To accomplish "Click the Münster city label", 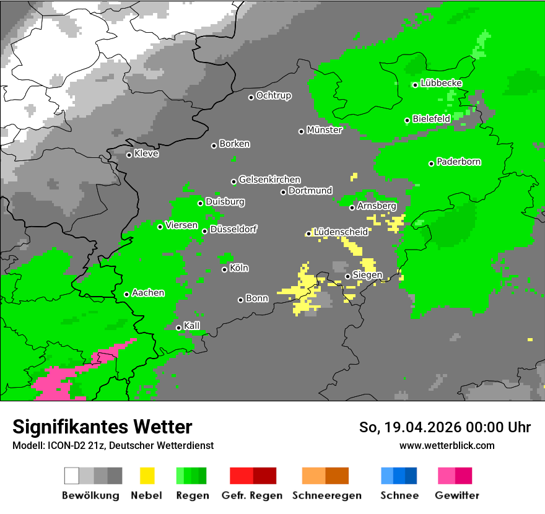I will click(x=325, y=130).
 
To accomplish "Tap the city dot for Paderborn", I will click(x=431, y=163).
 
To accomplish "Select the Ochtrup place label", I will click(x=273, y=95).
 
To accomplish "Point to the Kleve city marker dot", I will click(x=129, y=155).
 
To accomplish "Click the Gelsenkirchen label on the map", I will click(x=269, y=180).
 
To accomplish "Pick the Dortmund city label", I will click(x=310, y=191).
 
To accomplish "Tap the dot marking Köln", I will click(x=224, y=269).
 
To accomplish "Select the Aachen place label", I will click(x=148, y=293).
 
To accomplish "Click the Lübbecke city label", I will click(x=441, y=83).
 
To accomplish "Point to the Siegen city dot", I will click(x=347, y=276).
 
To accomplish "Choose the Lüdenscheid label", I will click(x=341, y=232).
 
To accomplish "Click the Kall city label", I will click(x=192, y=326).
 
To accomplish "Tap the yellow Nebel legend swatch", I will click(x=147, y=476).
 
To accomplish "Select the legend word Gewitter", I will click(x=457, y=495).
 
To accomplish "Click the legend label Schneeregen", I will click(x=326, y=495).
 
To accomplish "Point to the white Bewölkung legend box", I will click(x=72, y=476).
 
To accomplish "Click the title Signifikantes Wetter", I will click(x=102, y=427).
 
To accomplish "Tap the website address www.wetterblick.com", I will click(x=447, y=445).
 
